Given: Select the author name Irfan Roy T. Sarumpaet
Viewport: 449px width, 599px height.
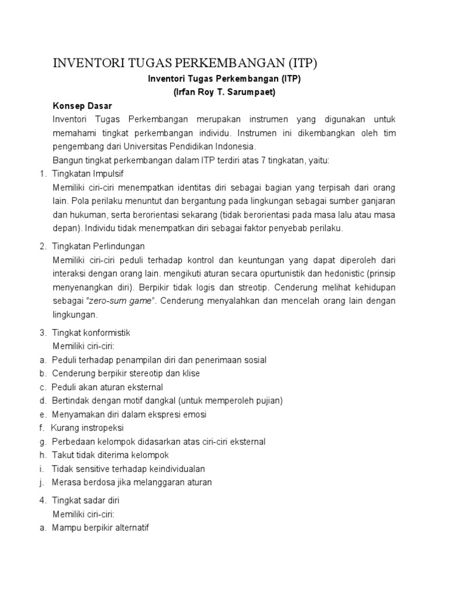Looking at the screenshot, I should pyautogui.click(x=224, y=92).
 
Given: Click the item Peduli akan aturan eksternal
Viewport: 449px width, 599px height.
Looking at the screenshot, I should pyautogui.click(x=107, y=387).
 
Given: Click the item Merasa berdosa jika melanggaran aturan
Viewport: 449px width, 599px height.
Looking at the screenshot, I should pyautogui.click(x=132, y=483).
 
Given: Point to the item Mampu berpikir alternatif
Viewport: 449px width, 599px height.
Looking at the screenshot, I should pyautogui.click(x=101, y=528).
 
